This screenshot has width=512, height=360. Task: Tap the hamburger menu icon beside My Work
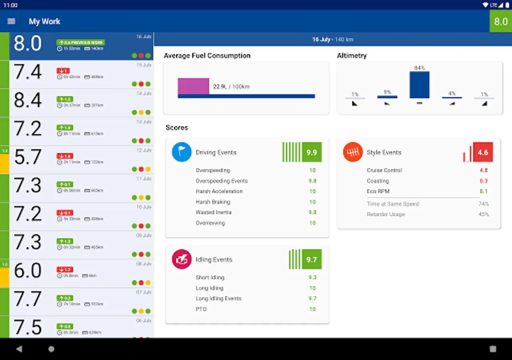click(11, 21)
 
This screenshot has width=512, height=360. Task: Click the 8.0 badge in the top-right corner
click(500, 21)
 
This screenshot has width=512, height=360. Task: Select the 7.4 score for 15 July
click(28, 72)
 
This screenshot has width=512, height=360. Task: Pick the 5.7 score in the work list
click(28, 157)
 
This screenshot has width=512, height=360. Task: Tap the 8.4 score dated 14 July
click(28, 100)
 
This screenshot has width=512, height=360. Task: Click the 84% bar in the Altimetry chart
click(419, 85)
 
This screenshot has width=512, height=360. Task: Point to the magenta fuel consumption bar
click(194, 86)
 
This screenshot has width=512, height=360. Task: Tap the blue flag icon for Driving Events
click(182, 152)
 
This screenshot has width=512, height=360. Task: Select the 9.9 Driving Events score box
click(312, 152)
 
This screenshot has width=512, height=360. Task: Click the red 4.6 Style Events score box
click(483, 152)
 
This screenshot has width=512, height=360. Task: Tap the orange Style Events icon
click(353, 152)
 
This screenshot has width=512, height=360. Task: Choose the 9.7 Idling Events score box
click(312, 260)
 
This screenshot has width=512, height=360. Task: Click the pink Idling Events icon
click(182, 259)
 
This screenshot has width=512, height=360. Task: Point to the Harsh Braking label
click(213, 202)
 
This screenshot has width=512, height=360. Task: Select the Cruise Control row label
click(384, 170)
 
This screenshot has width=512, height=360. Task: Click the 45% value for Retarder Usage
click(484, 214)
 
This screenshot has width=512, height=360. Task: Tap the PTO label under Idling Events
click(201, 309)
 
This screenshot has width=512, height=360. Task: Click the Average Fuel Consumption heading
click(207, 56)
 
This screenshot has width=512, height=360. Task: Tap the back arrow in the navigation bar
click(19, 349)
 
